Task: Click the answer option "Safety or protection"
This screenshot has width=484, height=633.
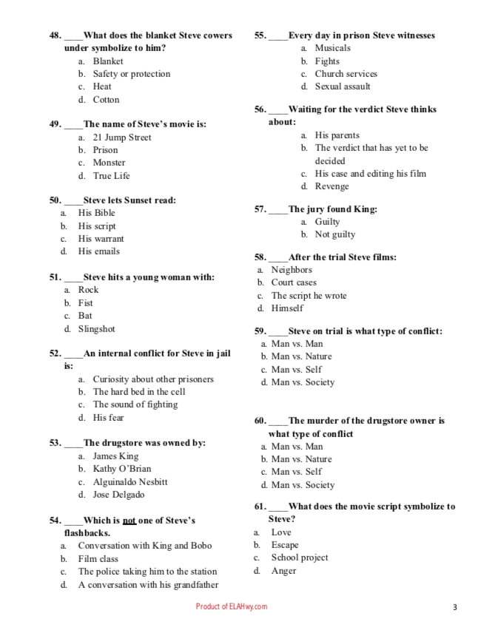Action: pos(131,74)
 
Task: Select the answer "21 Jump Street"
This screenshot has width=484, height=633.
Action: pos(121,138)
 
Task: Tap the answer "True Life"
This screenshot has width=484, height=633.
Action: pos(111,176)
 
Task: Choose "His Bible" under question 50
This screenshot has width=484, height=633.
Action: pos(96,213)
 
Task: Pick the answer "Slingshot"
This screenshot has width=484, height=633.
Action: pos(96,329)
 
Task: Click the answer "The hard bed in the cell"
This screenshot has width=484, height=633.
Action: pos(139,392)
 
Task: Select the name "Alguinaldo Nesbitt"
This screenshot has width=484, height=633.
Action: pos(130,482)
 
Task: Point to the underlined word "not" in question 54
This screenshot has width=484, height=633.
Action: pos(129,521)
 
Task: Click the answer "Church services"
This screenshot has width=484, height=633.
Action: pos(346,74)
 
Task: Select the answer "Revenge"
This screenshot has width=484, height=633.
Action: pos(332,187)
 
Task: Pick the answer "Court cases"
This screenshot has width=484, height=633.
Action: pos(293,282)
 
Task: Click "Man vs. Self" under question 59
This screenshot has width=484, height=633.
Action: pos(296,370)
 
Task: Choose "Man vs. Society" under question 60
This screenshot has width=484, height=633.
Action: pos(303,485)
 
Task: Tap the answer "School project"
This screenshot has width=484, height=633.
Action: pos(299,558)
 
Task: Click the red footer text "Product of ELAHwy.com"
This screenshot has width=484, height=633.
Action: pos(231,607)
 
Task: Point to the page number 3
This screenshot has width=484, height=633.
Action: pos(455,608)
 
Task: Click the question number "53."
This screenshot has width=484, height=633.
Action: pos(56,443)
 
